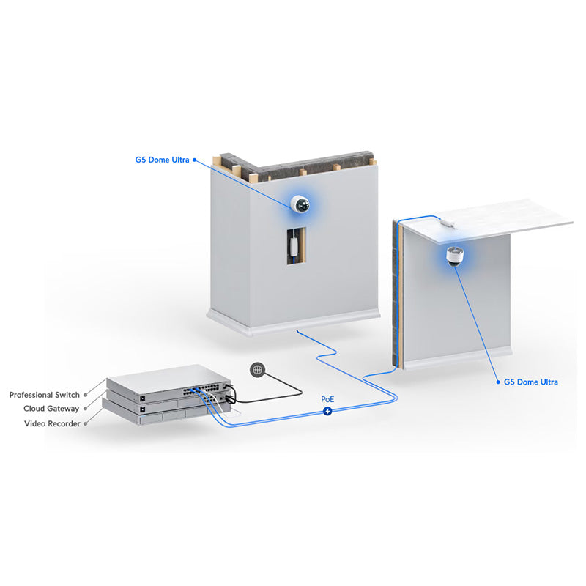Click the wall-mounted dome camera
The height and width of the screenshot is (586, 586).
tap(300, 204)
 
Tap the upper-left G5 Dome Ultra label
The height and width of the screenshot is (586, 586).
tap(162, 160)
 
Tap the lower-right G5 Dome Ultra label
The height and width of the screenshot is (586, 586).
tap(530, 382)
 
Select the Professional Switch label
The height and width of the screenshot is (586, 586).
tap(45, 395)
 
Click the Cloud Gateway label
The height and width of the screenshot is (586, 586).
tap(51, 409)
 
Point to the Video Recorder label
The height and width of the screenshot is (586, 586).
tap(52, 423)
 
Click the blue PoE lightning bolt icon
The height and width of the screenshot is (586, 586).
tap(327, 411)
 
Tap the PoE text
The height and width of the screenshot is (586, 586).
tap(327, 399)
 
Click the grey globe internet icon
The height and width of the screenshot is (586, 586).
tap(258, 370)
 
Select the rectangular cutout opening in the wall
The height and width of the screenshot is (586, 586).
tap(297, 246)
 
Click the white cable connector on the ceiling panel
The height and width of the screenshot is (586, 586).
tap(448, 223)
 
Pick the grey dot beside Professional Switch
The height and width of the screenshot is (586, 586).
tap(86, 395)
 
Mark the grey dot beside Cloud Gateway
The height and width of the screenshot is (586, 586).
tap(85, 409)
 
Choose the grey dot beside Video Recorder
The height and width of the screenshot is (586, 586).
tap(86, 424)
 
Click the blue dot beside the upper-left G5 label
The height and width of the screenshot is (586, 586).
tap(194, 160)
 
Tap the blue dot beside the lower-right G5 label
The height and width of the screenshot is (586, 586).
tap(498, 382)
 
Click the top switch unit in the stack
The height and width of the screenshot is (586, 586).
tap(168, 379)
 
